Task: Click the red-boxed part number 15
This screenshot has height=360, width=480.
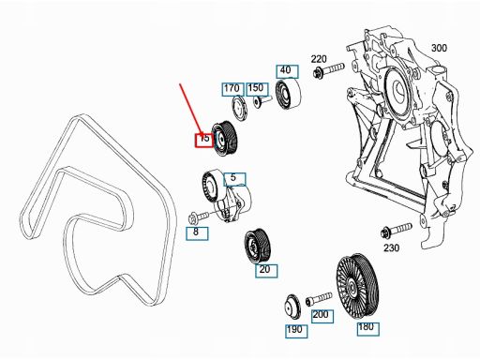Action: tap(204, 140)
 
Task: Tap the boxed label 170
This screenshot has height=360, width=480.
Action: tap(232, 89)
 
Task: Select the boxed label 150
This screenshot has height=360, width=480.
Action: tap(257, 89)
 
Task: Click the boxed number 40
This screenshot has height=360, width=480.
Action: tap(287, 71)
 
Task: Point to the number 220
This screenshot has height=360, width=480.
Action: tap(319, 59)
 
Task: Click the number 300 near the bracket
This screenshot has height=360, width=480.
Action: tap(439, 48)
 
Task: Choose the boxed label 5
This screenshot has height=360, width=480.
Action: tap(234, 179)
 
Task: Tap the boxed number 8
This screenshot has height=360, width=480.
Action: tap(197, 233)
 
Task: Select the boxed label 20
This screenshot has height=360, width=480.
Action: tap(266, 271)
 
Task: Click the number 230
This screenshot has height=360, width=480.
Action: tap(392, 248)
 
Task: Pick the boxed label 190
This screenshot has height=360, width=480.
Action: tap(296, 331)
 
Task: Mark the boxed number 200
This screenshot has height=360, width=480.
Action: tap(322, 316)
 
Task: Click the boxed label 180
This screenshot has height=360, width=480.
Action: tap(368, 329)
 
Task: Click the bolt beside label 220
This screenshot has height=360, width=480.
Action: tap(328, 70)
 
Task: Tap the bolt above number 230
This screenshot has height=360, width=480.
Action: tap(397, 231)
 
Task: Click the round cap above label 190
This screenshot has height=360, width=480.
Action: tap(292, 307)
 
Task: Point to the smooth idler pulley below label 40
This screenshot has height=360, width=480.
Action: tap(288, 95)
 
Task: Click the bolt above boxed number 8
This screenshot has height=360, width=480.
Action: tap(199, 217)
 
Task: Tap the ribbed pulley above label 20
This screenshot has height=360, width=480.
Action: tap(258, 247)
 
